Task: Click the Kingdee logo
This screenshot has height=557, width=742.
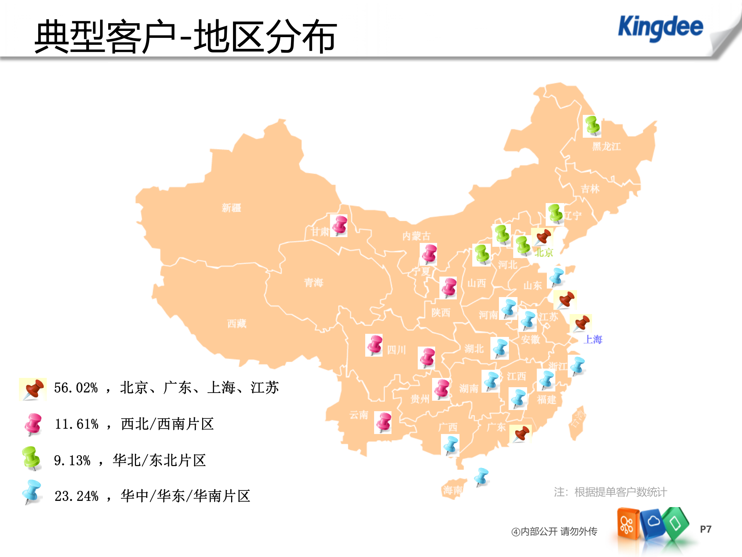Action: (x=660, y=27)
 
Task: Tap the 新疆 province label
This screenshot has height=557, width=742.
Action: (x=231, y=208)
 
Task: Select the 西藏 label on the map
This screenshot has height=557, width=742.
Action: (x=237, y=323)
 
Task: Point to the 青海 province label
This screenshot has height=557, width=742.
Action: (x=313, y=282)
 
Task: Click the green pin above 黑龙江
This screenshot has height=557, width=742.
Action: (x=592, y=126)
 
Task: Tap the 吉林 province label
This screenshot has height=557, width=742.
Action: (x=590, y=189)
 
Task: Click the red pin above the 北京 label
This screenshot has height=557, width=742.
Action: (x=543, y=237)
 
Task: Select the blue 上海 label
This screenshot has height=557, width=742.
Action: (x=593, y=339)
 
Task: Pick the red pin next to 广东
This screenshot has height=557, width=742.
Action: (x=521, y=434)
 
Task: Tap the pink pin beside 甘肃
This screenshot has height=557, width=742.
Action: (x=339, y=225)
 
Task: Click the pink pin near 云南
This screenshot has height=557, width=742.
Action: (x=383, y=422)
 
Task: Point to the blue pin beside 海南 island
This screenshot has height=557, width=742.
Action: (x=482, y=477)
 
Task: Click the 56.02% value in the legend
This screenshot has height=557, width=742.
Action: (x=76, y=388)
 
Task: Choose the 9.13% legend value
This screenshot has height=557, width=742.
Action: (x=72, y=460)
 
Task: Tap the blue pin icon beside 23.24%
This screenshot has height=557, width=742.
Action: (x=32, y=492)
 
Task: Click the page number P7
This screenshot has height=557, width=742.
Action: (x=705, y=529)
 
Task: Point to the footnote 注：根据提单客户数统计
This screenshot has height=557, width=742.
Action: (x=610, y=492)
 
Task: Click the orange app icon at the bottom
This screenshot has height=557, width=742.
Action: (x=627, y=524)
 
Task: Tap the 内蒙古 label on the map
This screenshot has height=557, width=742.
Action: (x=416, y=236)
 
